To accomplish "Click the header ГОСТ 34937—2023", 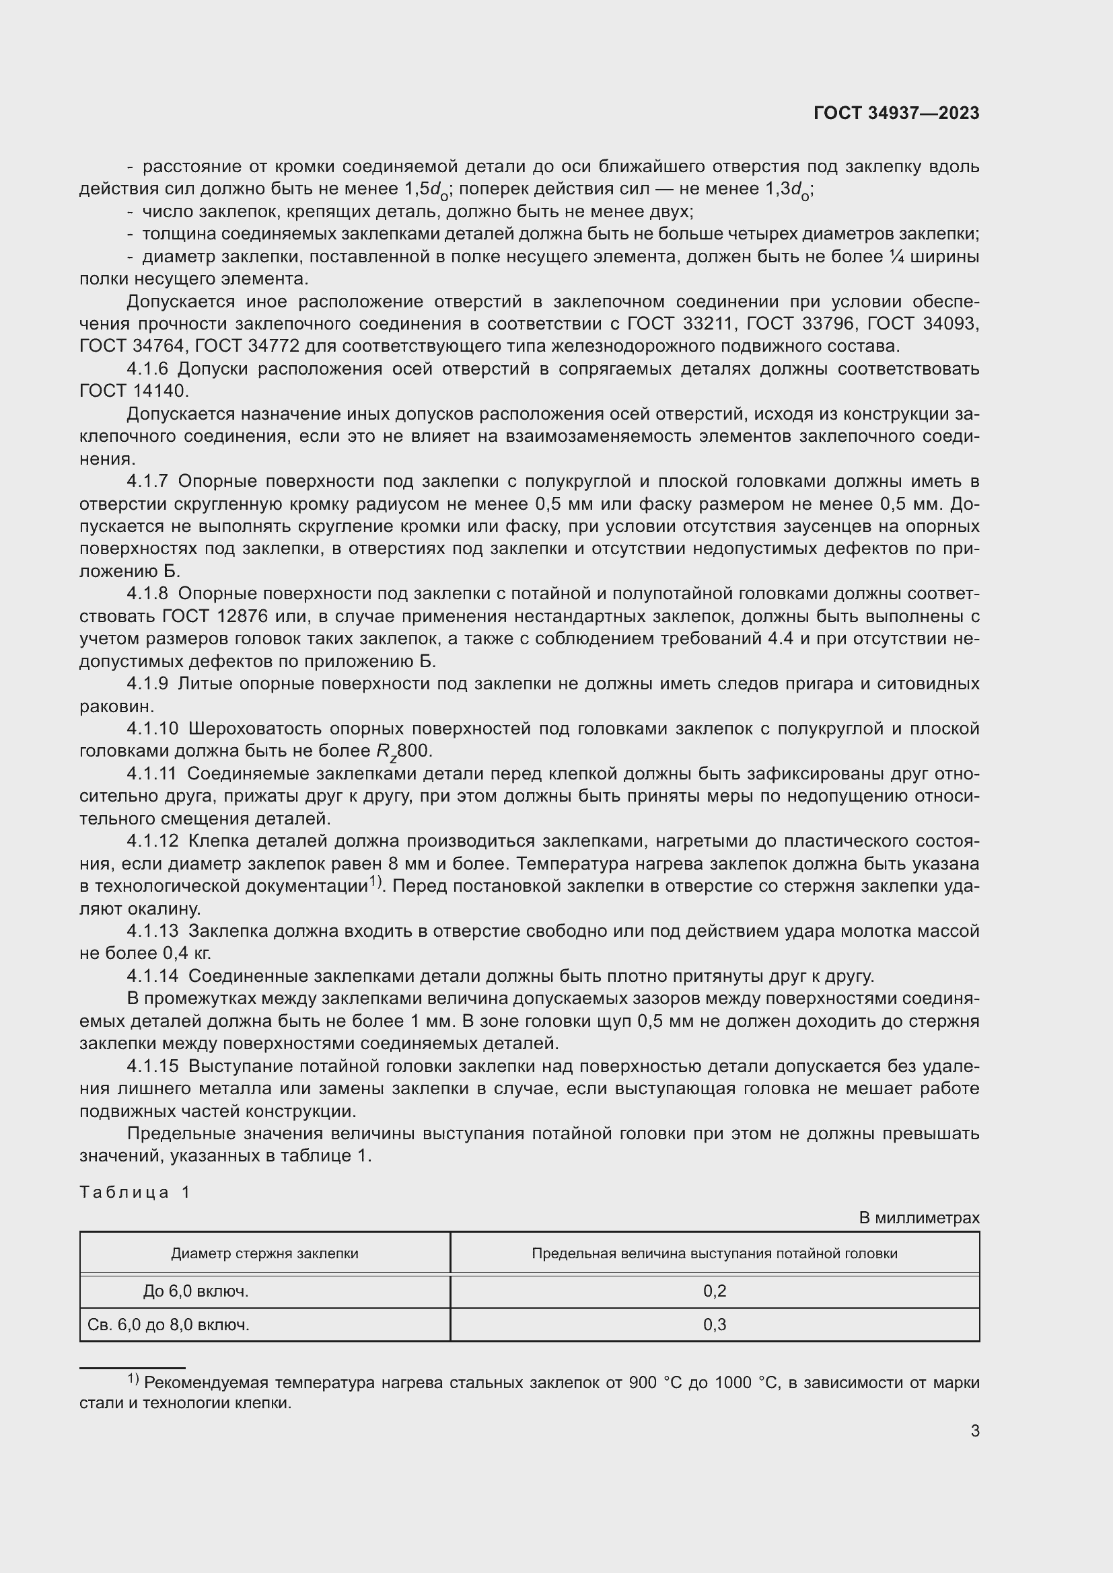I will pyautogui.click(x=896, y=113).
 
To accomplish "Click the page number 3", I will pyautogui.click(x=974, y=1430).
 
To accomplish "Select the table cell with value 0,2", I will pyautogui.click(x=714, y=1291).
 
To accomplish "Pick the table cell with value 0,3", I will pyautogui.click(x=714, y=1324).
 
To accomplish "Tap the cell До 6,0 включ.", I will pyautogui.click(x=195, y=1291).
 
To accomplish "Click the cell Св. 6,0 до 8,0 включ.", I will pyautogui.click(x=169, y=1324).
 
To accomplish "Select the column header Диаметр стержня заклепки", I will pyautogui.click(x=264, y=1253).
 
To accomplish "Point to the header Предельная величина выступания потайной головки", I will pyautogui.click(x=714, y=1253).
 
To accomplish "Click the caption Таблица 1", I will pyautogui.click(x=135, y=1192).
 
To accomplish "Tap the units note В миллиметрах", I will pyautogui.click(x=919, y=1217).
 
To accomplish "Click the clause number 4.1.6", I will pyautogui.click(x=147, y=369).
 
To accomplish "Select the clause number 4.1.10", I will pyautogui.click(x=152, y=728).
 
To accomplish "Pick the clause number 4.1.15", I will pyautogui.click(x=152, y=1066).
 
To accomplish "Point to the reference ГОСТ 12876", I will pyautogui.click(x=213, y=616).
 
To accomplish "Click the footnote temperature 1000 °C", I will pyautogui.click(x=747, y=1383).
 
